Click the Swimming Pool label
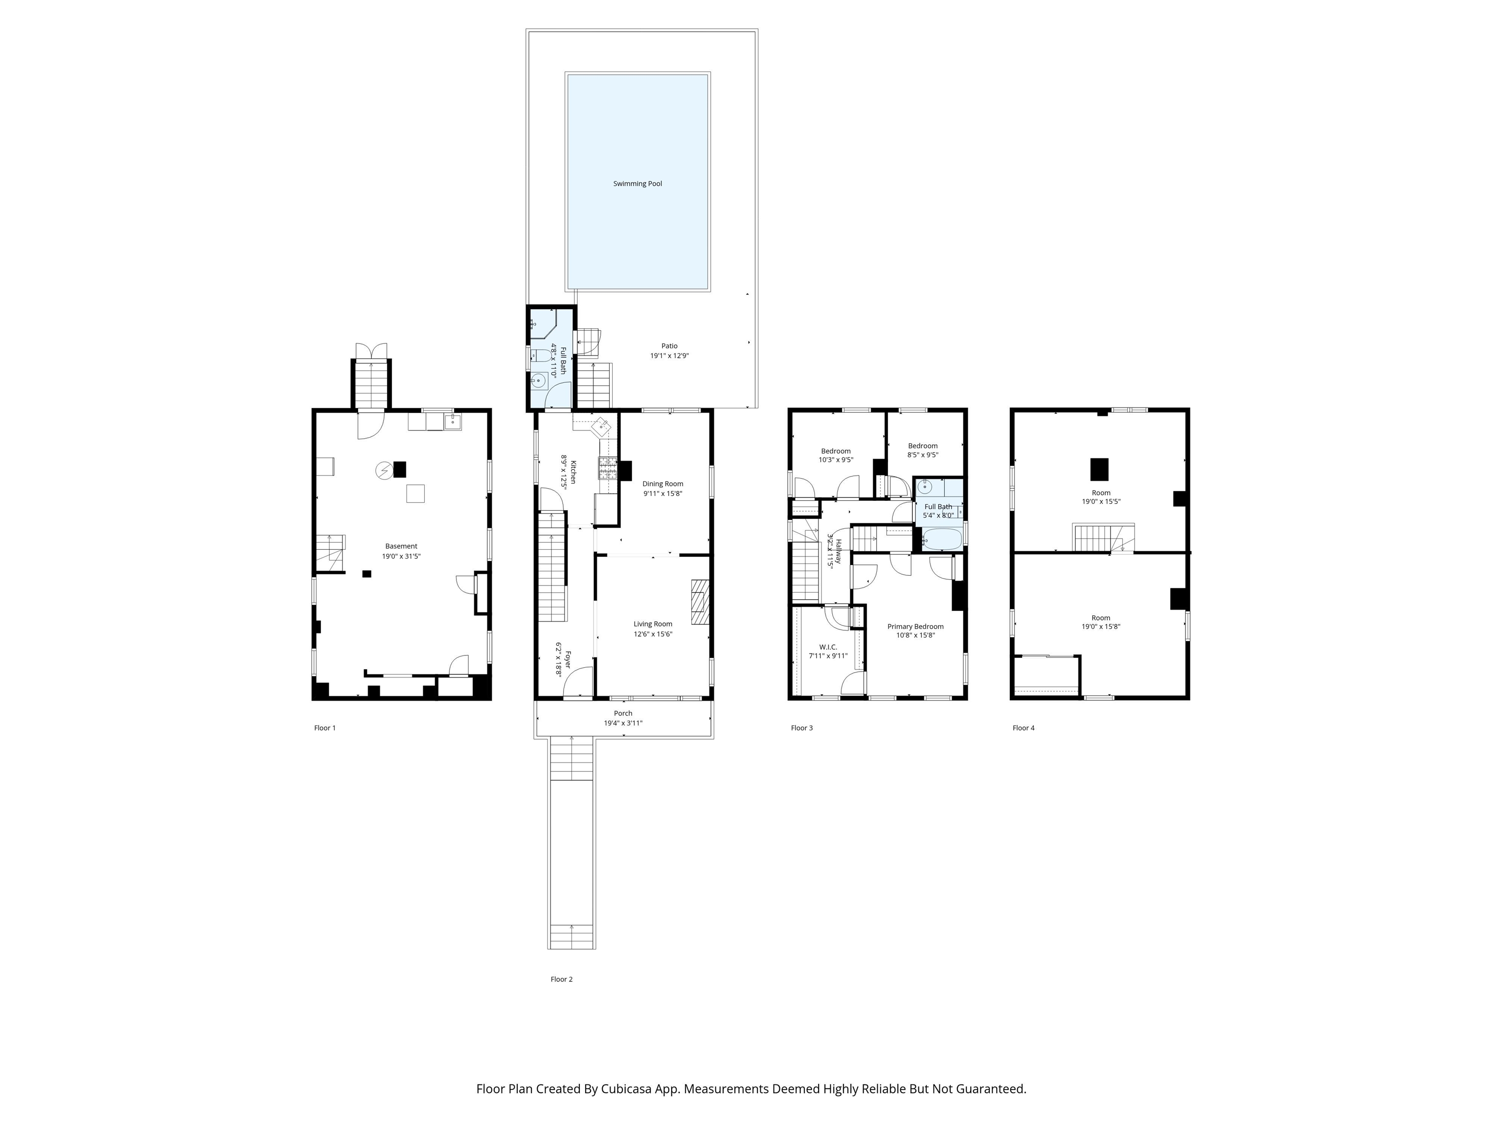(x=638, y=183)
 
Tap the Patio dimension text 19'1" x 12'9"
(x=669, y=355)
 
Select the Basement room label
(x=401, y=546)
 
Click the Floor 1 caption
(x=325, y=727)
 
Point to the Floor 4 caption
(x=1024, y=727)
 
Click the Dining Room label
(x=662, y=484)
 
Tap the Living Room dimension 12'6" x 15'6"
(x=653, y=634)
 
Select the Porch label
(x=623, y=713)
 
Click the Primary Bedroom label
(x=915, y=626)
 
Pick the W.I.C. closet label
(x=828, y=647)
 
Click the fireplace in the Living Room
(x=701, y=602)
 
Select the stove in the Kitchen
(x=608, y=469)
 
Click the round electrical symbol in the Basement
(x=384, y=470)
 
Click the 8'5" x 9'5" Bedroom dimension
(x=923, y=455)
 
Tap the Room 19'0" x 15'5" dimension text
(x=1101, y=501)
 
